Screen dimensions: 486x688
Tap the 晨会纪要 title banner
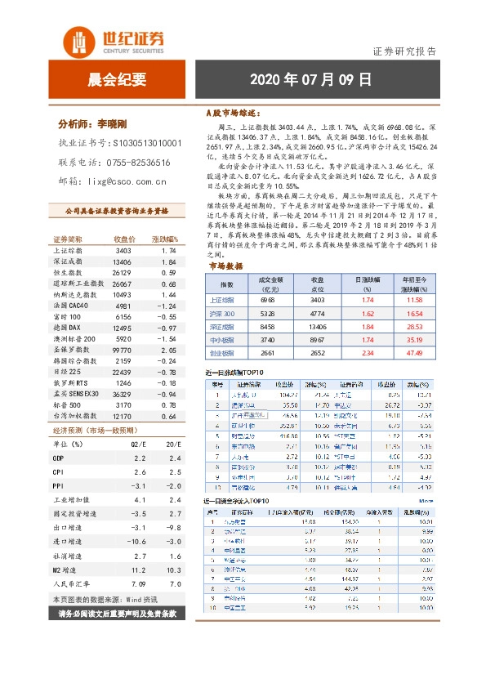pyautogui.click(x=117, y=79)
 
